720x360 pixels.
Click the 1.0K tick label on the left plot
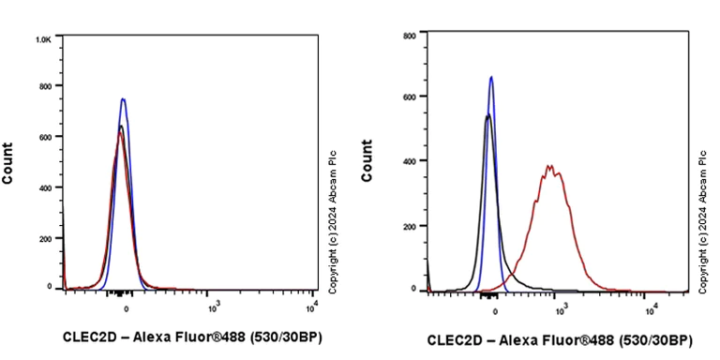pyautogui.click(x=43, y=40)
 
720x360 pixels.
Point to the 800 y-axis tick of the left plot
pyautogui.click(x=44, y=86)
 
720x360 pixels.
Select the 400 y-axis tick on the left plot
pyautogui.click(x=44, y=187)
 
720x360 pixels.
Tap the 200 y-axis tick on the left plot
pyautogui.click(x=44, y=238)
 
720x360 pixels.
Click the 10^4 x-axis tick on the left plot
pyautogui.click(x=312, y=306)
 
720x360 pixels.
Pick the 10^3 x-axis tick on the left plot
pyautogui.click(x=213, y=306)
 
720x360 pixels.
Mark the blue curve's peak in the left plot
pyautogui.click(x=123, y=98)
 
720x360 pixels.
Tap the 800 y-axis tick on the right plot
pyautogui.click(x=409, y=36)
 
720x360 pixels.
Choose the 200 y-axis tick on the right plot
pyautogui.click(x=409, y=226)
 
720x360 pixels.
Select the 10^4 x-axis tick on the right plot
pyautogui.click(x=651, y=308)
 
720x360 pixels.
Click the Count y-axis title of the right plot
pyautogui.click(x=367, y=160)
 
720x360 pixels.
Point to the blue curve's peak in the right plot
pyautogui.click(x=491, y=78)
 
